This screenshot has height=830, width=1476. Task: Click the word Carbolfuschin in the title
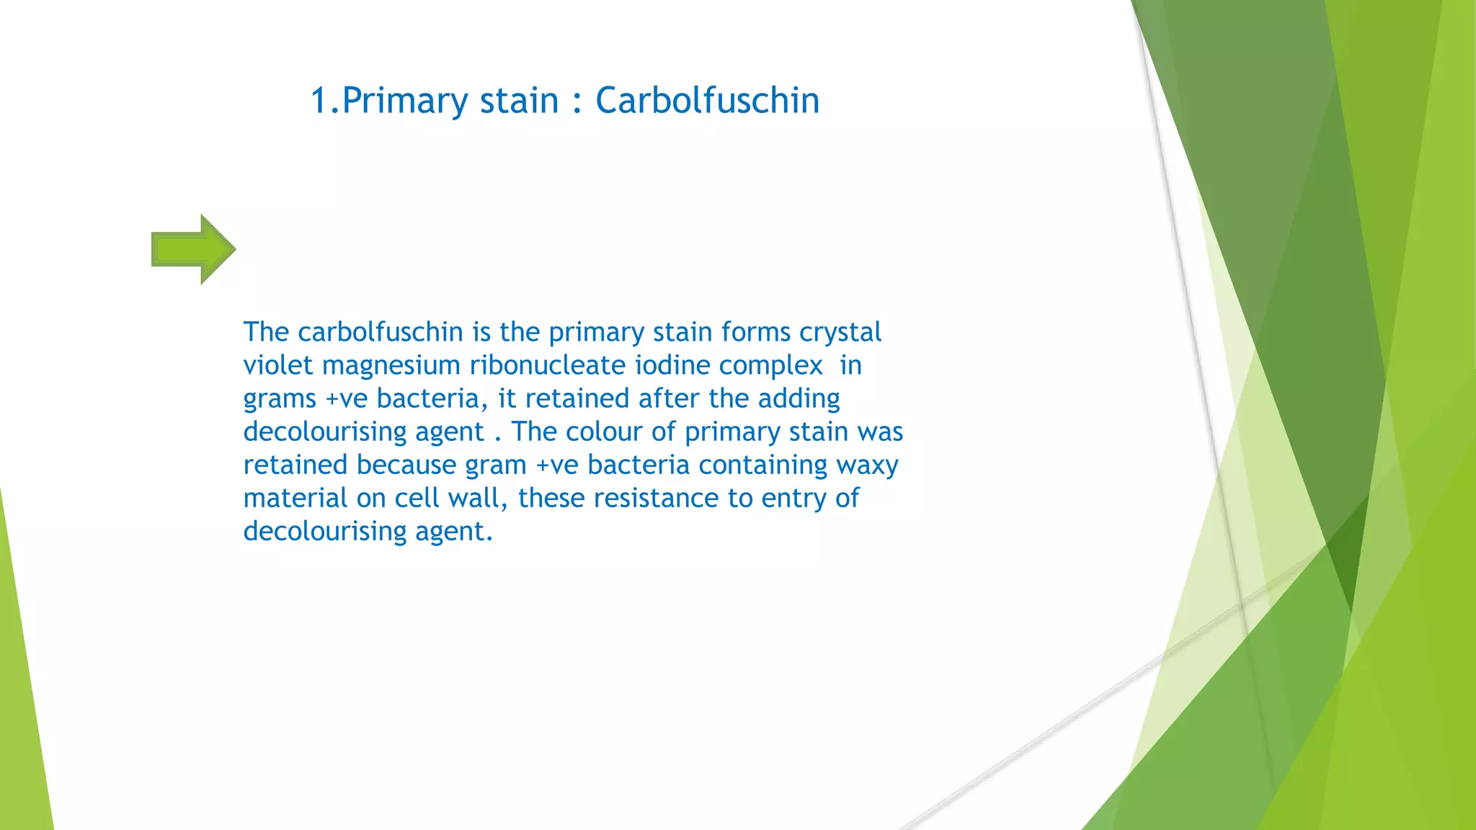point(707,100)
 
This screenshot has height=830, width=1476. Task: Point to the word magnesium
point(391,365)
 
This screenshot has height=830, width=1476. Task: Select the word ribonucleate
point(547,365)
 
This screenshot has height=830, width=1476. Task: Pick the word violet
point(278,365)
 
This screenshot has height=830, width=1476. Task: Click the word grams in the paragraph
point(280,399)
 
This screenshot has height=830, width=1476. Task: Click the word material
point(295,498)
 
